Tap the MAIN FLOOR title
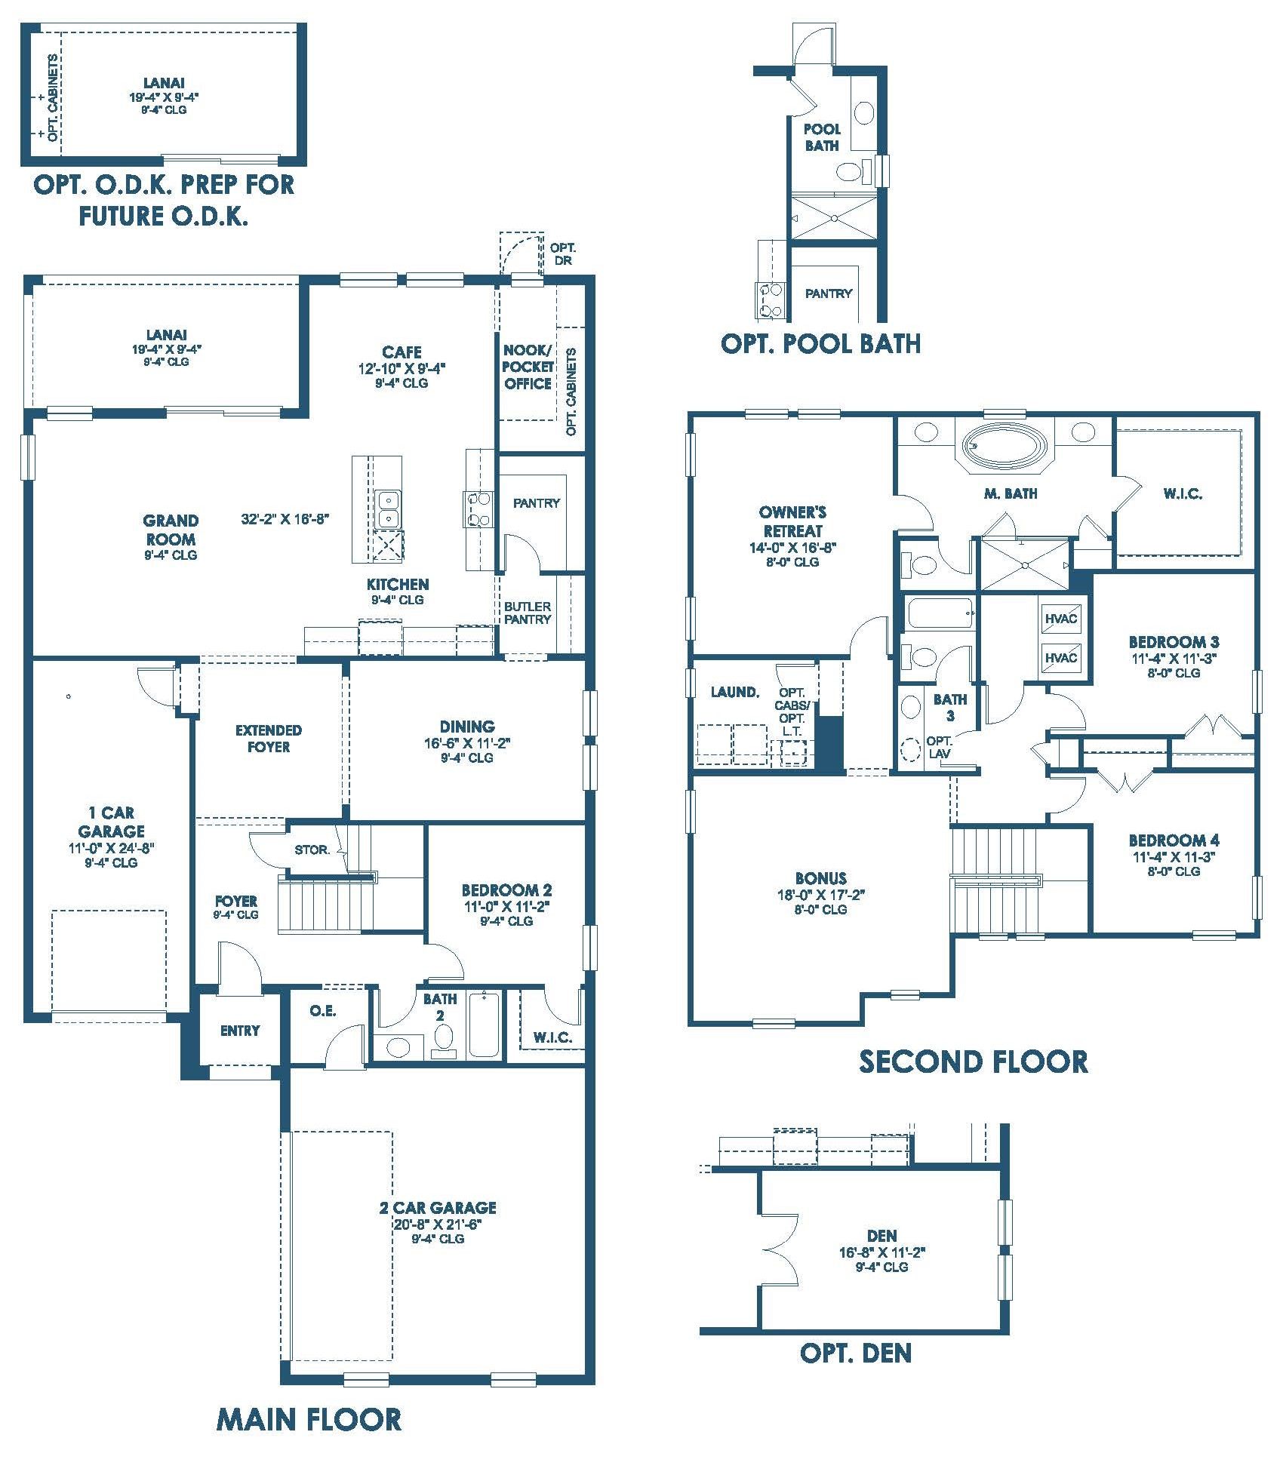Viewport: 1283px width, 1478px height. (x=309, y=1419)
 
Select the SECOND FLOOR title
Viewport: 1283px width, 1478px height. (x=974, y=1062)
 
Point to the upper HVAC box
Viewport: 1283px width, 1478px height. (x=1061, y=619)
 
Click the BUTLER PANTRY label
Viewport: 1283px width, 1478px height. (x=528, y=613)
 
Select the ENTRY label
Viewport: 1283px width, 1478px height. (x=240, y=1031)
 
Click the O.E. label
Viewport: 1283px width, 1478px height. (x=323, y=1011)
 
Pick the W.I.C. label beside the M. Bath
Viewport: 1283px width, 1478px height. (x=1183, y=493)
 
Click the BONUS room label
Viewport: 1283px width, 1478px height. (x=820, y=878)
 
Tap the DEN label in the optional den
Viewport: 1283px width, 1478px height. (x=881, y=1236)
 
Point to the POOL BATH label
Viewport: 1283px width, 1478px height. (x=822, y=137)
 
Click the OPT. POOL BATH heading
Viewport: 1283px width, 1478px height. (x=820, y=344)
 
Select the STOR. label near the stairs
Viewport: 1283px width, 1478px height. (x=312, y=850)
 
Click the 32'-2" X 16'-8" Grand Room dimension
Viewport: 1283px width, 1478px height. (x=285, y=519)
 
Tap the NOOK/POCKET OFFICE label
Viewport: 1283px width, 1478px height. (x=528, y=367)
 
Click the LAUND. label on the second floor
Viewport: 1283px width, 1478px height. (x=734, y=692)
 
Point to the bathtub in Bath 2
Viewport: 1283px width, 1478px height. (x=483, y=1025)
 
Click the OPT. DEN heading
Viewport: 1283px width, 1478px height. (x=855, y=1353)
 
